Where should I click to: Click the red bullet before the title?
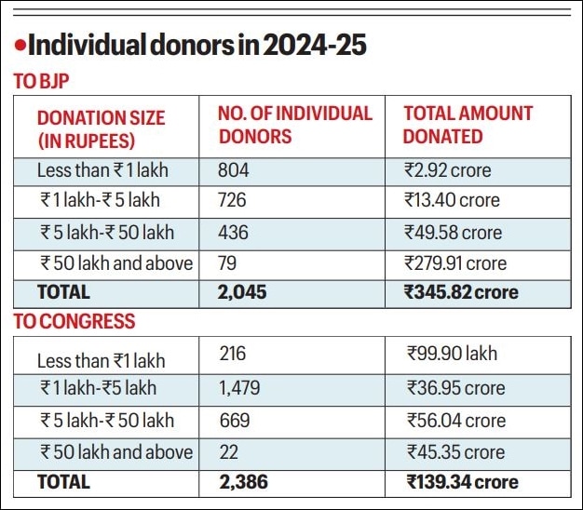point(18,44)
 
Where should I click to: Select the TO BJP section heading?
point(41,82)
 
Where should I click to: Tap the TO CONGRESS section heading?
point(74,322)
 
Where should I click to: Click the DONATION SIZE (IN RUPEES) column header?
point(101,129)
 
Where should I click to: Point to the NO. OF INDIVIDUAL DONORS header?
point(294,125)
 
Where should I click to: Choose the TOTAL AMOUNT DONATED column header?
point(468,125)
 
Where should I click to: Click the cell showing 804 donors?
point(234,170)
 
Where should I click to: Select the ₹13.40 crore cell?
point(452,200)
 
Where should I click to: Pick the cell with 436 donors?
point(234,232)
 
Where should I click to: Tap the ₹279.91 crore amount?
point(455,262)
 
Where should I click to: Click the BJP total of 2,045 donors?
point(241,292)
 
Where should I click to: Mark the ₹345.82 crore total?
point(460,292)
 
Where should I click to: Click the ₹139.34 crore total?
point(462,482)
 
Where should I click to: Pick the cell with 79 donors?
point(228,262)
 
